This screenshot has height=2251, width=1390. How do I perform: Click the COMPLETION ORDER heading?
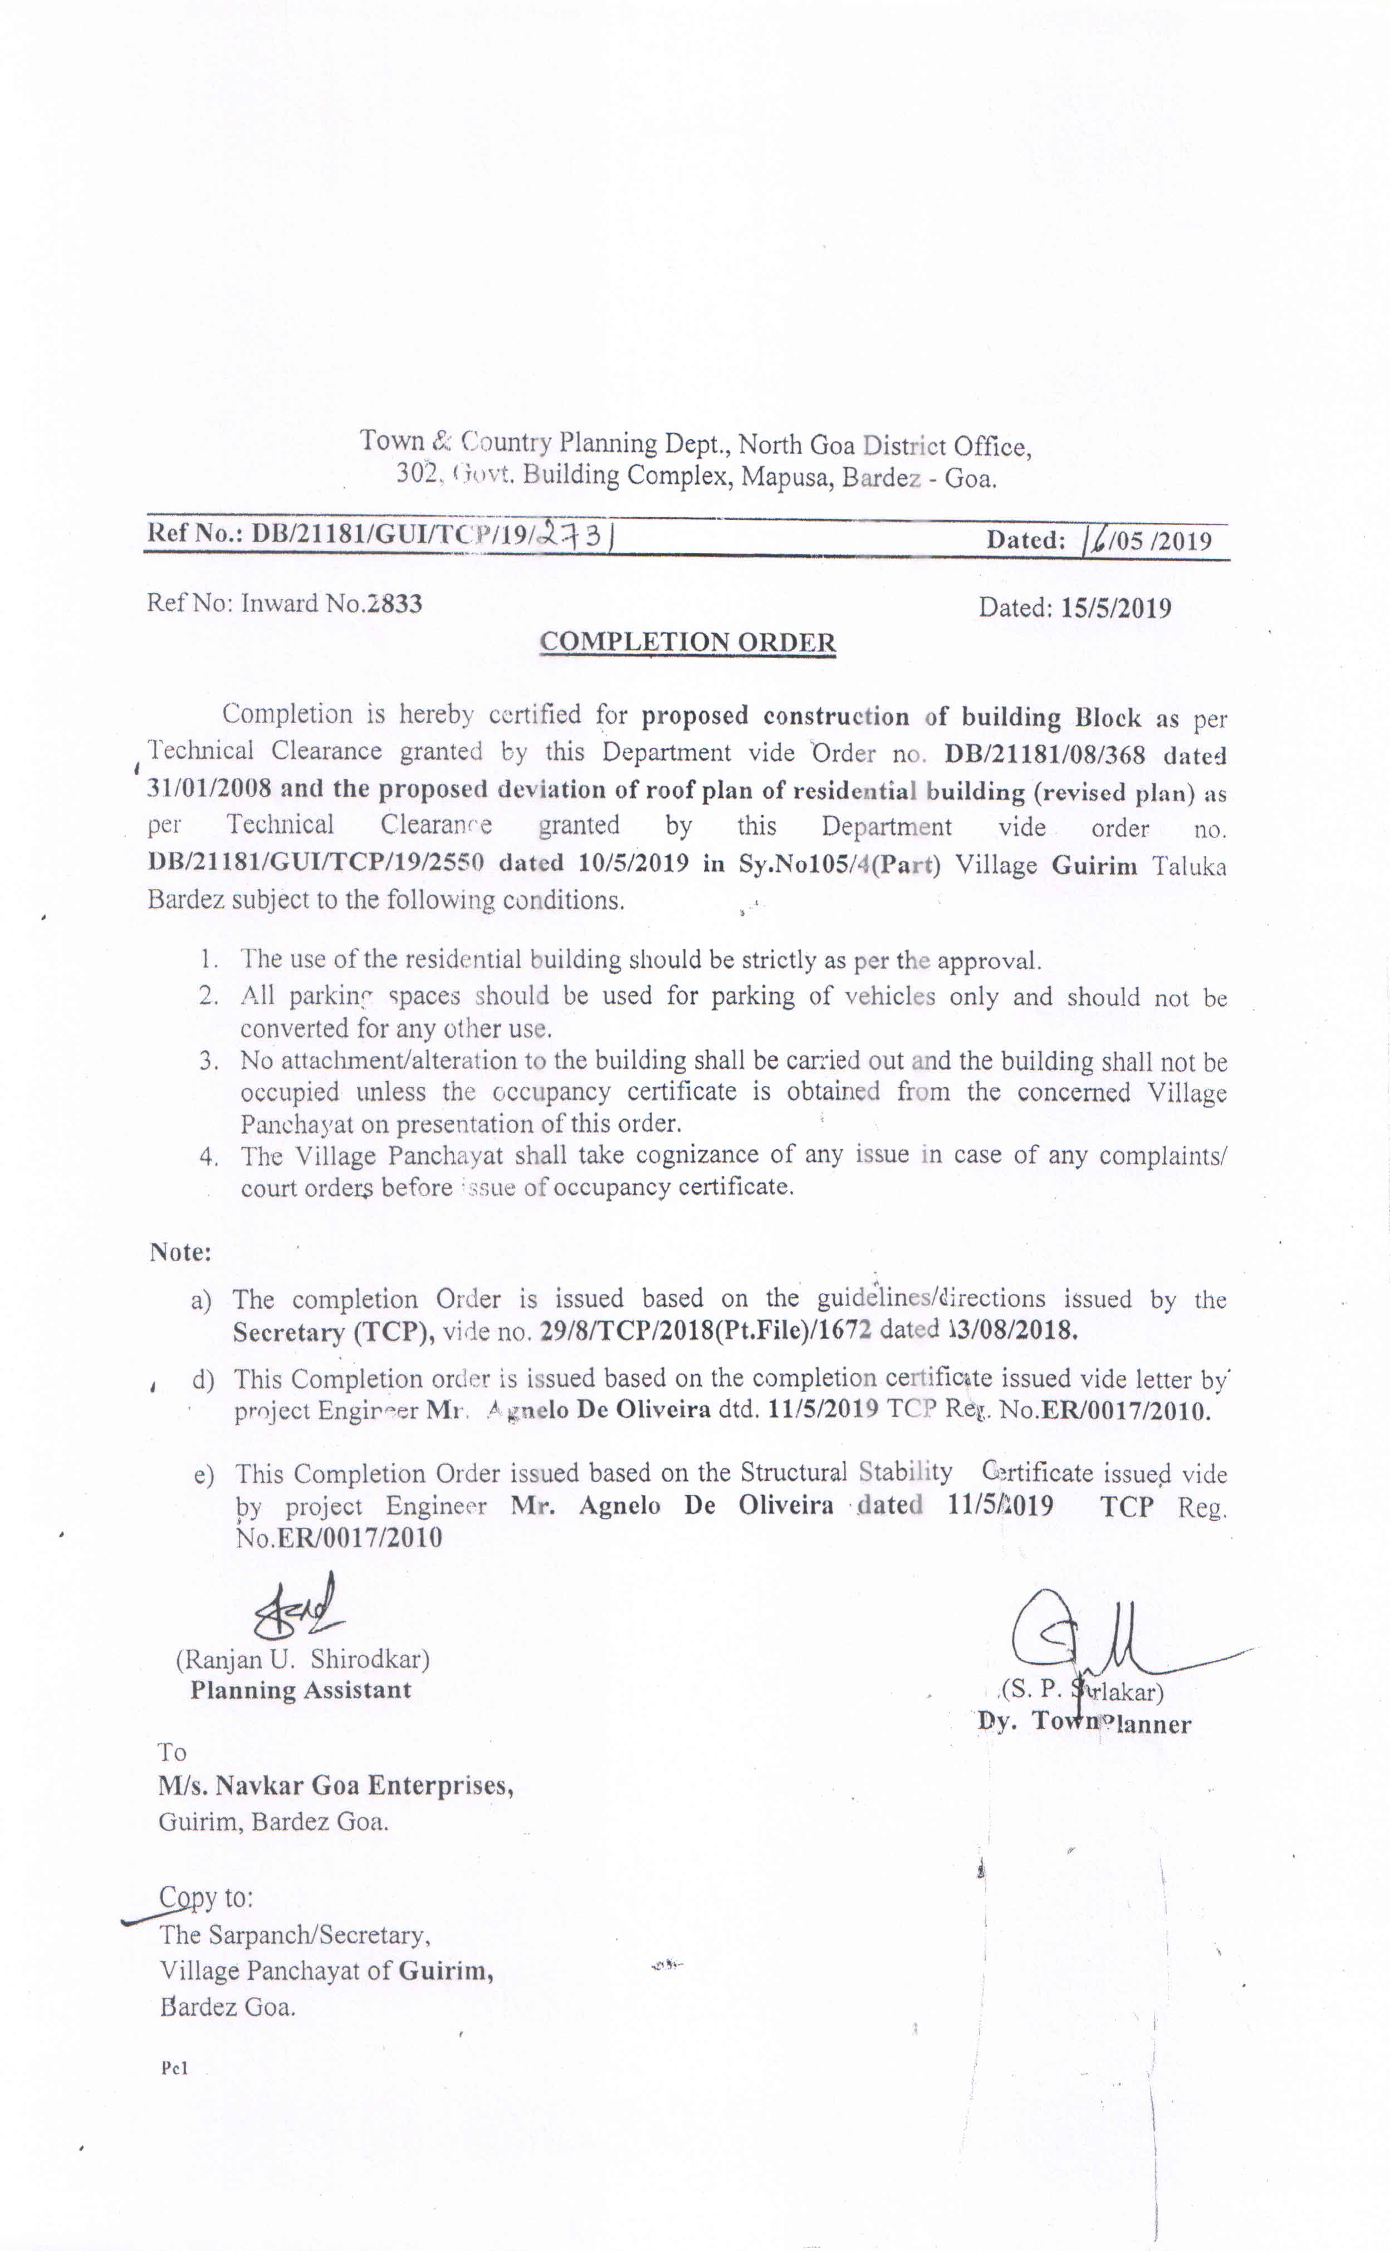[688, 641]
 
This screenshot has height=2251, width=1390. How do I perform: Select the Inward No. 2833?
[394, 604]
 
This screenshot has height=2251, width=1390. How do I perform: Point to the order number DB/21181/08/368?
[1045, 754]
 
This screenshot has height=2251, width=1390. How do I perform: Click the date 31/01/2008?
[209, 788]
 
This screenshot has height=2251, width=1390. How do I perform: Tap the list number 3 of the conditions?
[209, 1061]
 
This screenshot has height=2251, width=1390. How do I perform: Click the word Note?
[180, 1252]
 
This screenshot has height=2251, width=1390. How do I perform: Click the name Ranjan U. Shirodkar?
[302, 1659]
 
